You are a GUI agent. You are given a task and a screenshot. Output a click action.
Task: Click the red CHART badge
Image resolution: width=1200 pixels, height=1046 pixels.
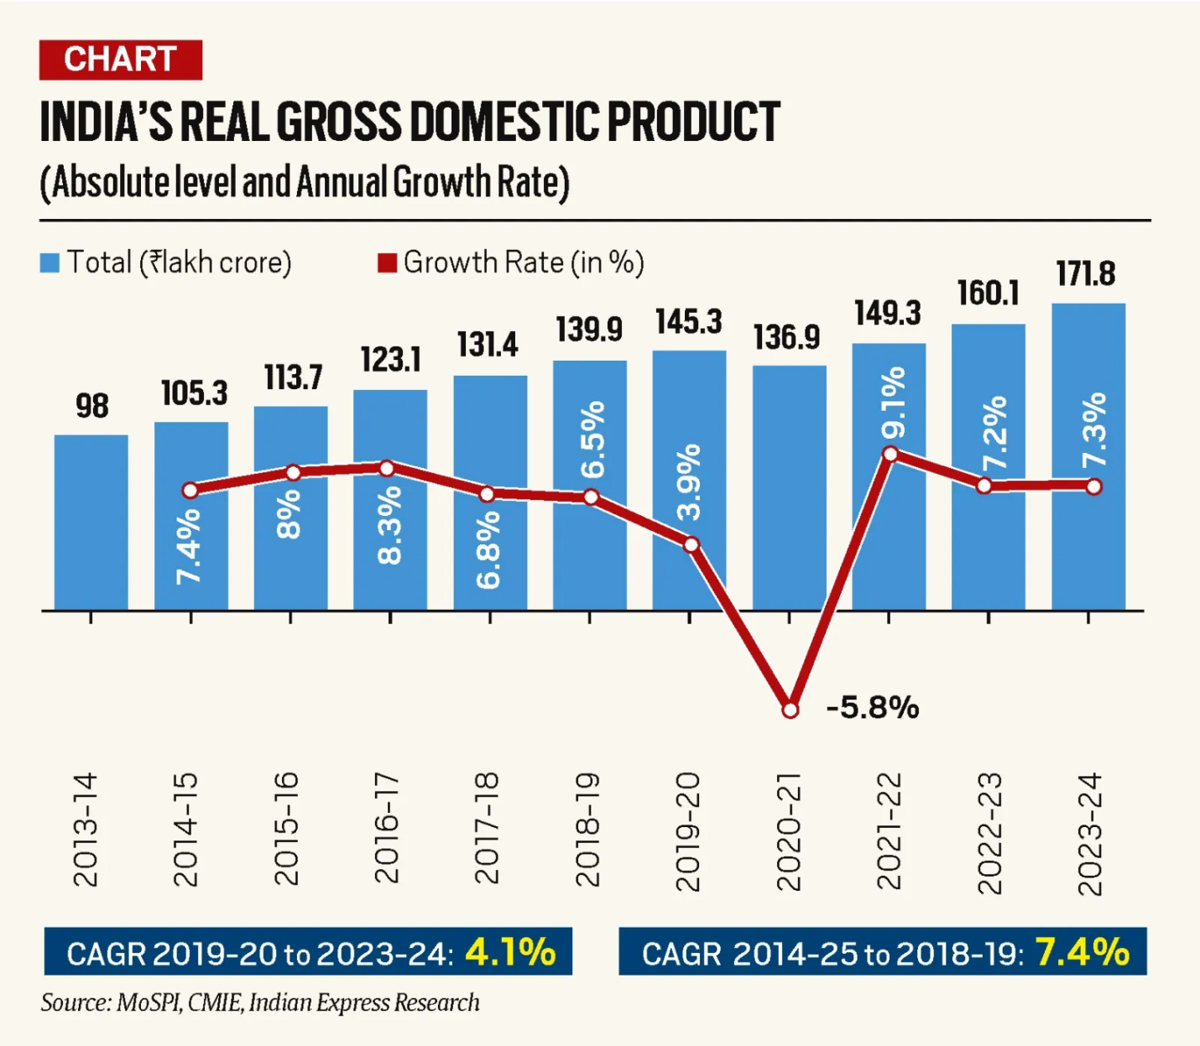point(120,60)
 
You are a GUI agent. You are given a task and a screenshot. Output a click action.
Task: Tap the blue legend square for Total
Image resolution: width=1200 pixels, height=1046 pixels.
point(50,263)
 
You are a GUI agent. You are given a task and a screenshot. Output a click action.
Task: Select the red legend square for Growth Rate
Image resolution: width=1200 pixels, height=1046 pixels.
point(387,263)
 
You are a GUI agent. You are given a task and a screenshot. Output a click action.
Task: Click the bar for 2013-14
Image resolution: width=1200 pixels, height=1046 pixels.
point(91,522)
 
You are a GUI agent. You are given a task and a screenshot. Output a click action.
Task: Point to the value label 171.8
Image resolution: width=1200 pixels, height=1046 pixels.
point(1086,274)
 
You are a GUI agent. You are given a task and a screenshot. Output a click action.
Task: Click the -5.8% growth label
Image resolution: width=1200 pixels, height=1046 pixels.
point(873,708)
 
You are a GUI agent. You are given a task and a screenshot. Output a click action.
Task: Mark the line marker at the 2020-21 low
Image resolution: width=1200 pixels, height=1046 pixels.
point(790,710)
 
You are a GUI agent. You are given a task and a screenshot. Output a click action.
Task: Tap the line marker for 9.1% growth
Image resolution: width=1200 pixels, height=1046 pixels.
point(890,454)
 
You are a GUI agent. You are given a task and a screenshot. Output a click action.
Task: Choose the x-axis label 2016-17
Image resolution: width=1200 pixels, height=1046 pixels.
point(387,829)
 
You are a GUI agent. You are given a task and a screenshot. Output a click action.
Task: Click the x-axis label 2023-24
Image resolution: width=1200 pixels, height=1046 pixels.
point(1089,834)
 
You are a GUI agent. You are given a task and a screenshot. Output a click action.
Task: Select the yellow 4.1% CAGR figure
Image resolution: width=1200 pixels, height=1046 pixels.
point(510,952)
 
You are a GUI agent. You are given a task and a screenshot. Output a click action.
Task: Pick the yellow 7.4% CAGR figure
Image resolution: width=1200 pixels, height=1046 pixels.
point(1082,952)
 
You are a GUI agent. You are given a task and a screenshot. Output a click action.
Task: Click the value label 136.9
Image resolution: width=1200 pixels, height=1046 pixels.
point(786,338)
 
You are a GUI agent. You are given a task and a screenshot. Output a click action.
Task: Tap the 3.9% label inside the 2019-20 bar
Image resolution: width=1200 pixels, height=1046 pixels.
point(689,482)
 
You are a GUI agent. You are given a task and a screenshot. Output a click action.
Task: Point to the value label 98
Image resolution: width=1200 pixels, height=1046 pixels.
point(92,407)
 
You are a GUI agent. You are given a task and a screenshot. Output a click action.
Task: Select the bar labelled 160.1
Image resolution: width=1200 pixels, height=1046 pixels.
point(988,466)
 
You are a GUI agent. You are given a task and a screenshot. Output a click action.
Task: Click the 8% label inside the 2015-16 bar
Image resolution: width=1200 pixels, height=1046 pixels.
point(289,513)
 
